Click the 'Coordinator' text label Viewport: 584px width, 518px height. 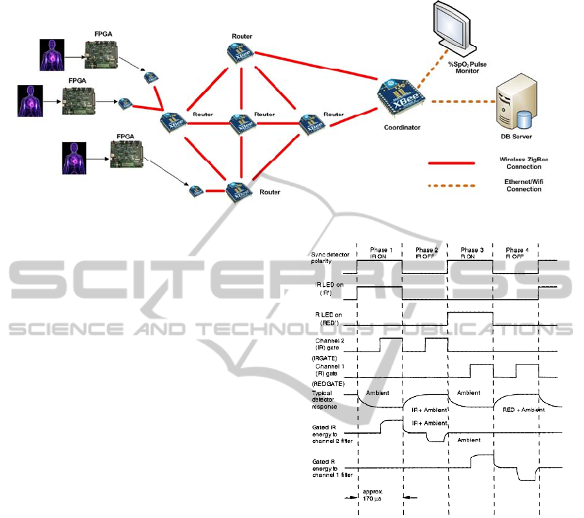point(402,128)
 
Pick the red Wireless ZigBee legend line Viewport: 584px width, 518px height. point(452,163)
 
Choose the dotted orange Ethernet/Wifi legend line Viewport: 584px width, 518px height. point(452,186)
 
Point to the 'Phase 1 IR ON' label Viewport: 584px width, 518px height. point(380,254)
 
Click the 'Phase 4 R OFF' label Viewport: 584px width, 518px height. point(515,254)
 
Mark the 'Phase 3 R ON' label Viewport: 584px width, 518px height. point(471,254)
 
